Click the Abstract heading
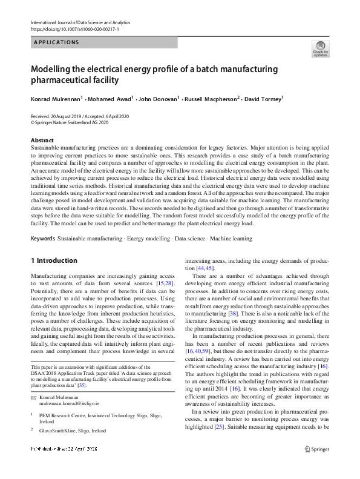(x=42, y=140)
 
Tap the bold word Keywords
(x=42, y=239)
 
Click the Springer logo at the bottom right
(x=317, y=449)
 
